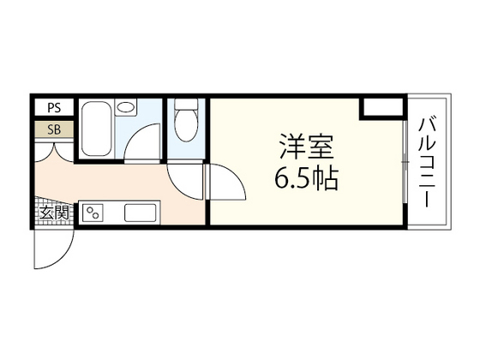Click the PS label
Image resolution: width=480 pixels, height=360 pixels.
[x=54, y=108]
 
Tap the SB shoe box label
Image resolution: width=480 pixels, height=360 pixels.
[x=54, y=130]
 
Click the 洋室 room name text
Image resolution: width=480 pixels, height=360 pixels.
[x=304, y=147]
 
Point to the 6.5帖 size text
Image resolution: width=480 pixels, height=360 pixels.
[x=304, y=179]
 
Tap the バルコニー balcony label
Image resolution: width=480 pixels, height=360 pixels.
[x=425, y=162]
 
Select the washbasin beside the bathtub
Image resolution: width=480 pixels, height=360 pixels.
[x=126, y=109]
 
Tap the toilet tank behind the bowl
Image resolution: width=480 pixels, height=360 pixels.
[x=185, y=109]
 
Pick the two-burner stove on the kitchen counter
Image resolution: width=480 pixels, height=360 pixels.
[x=92, y=213]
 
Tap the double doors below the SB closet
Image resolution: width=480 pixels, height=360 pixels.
[x=54, y=154]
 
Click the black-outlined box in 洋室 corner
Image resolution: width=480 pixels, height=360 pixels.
[x=381, y=106]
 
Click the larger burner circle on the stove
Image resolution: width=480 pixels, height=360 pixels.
[x=87, y=209]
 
